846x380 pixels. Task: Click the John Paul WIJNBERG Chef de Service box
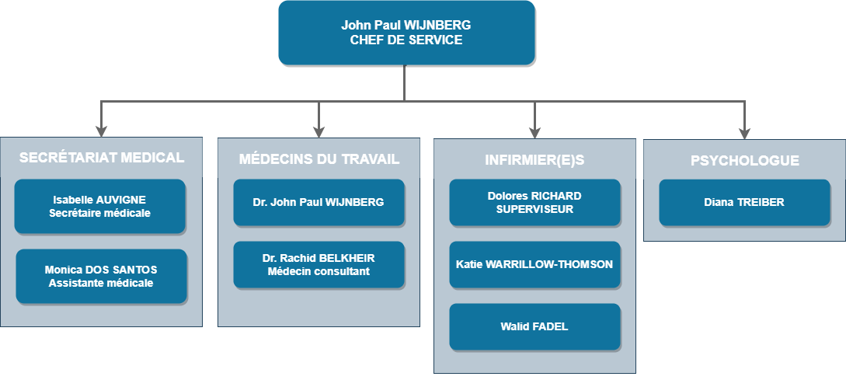point(406,33)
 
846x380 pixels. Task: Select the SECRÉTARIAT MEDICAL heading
point(102,158)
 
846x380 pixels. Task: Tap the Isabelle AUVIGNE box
point(100,206)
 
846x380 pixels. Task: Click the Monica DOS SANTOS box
point(101,276)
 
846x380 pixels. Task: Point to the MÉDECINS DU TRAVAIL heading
point(319,159)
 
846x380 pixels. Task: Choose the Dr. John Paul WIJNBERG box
point(319,202)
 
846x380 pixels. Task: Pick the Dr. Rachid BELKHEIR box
point(319,264)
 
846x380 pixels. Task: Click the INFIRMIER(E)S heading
point(534,160)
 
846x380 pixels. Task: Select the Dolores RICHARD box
point(534,202)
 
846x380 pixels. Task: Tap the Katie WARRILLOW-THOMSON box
point(534,264)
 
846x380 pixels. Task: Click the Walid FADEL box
point(534,326)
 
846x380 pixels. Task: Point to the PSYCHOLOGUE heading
point(744,161)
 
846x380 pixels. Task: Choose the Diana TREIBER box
point(744,202)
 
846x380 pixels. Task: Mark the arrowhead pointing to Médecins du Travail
point(319,131)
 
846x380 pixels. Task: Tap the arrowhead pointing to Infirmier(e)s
point(534,131)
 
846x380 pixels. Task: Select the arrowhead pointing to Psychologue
point(744,131)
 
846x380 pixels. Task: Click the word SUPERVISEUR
point(534,209)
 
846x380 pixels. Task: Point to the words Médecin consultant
point(319,271)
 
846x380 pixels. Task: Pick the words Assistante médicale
point(101,283)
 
